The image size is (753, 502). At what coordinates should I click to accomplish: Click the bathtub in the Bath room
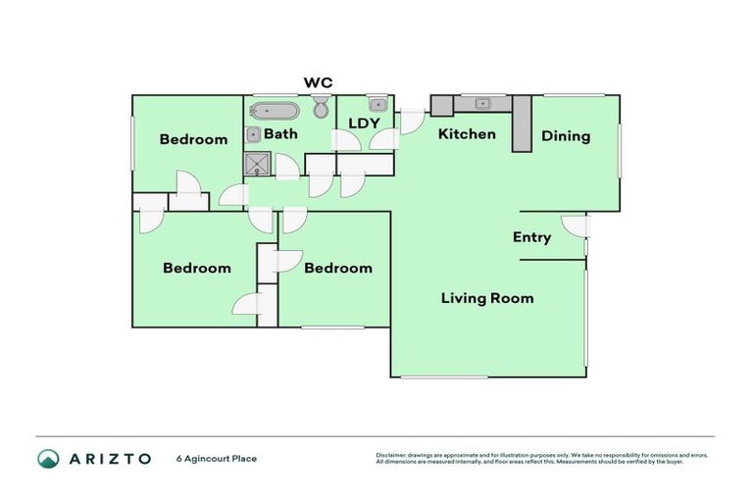point(275,110)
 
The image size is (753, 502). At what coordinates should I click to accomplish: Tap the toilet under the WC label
point(321,108)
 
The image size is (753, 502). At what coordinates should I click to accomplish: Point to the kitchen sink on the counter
point(481,102)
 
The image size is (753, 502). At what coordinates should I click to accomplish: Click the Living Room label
point(486,298)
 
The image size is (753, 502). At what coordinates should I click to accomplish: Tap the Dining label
point(566,136)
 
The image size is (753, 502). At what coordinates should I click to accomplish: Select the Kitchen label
point(467,133)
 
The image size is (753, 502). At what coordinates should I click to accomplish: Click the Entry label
point(531,237)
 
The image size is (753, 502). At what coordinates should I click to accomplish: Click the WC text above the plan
point(318,82)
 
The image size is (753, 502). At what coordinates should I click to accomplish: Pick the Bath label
point(280,133)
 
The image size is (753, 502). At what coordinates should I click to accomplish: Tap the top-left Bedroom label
point(193,139)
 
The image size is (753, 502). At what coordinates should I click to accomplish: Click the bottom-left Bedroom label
point(197,268)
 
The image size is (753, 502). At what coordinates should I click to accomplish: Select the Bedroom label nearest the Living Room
point(337,268)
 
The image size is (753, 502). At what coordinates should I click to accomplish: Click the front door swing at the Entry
point(576,227)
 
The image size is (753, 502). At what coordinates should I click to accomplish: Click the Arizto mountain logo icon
point(48,459)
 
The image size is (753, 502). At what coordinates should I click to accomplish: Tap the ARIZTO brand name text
point(109,459)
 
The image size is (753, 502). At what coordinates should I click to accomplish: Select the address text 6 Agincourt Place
point(216,459)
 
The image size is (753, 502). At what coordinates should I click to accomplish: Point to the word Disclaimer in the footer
point(391,456)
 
